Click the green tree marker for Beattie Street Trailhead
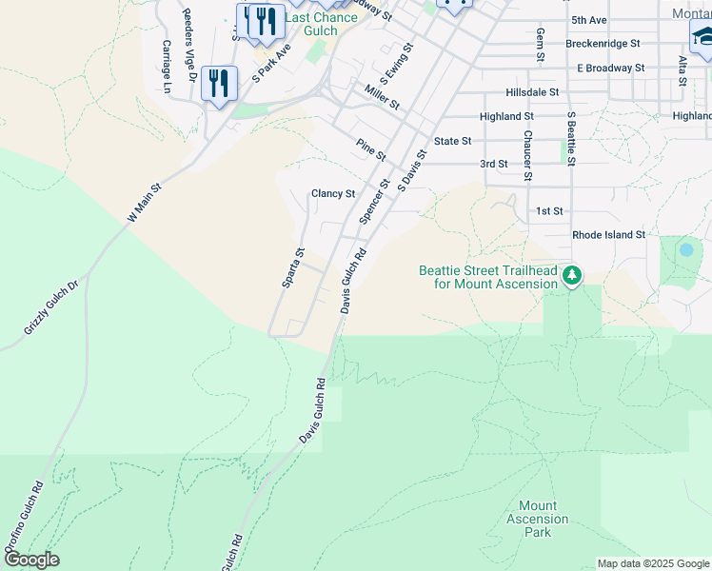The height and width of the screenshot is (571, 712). [571, 276]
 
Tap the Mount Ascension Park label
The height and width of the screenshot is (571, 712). [538, 519]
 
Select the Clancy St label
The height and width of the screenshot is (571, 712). [333, 193]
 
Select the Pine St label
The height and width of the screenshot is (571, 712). [370, 149]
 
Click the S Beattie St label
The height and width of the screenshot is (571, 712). [571, 139]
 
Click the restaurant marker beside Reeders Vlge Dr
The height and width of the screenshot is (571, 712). [220, 85]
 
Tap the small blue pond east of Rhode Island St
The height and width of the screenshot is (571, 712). [685, 250]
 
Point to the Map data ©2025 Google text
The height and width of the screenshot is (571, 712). [652, 563]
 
